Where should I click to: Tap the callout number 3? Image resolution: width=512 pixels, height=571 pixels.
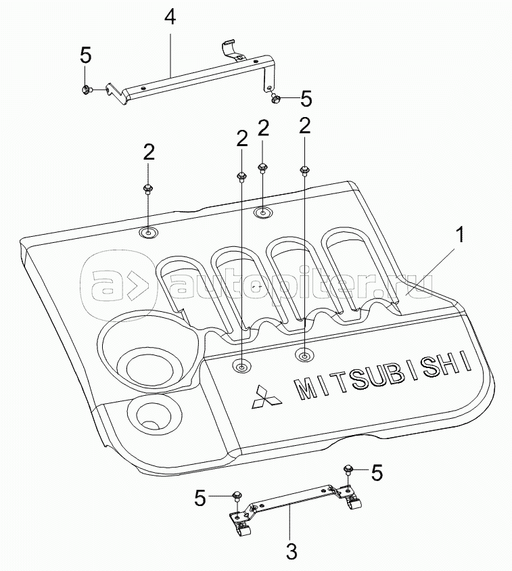click(x=292, y=551)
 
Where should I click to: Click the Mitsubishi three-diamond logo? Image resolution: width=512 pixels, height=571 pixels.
click(x=260, y=398)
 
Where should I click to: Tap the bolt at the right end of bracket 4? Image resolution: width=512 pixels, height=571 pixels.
click(x=276, y=99)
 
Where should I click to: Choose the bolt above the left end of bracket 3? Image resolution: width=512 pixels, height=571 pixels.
click(x=237, y=496)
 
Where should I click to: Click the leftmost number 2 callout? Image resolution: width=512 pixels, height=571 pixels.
click(x=148, y=151)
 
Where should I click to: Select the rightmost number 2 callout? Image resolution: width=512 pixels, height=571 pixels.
click(x=305, y=125)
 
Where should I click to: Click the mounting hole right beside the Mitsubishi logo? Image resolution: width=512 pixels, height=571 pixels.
click(x=241, y=367)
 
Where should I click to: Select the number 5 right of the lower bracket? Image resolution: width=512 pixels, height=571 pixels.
click(x=376, y=472)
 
